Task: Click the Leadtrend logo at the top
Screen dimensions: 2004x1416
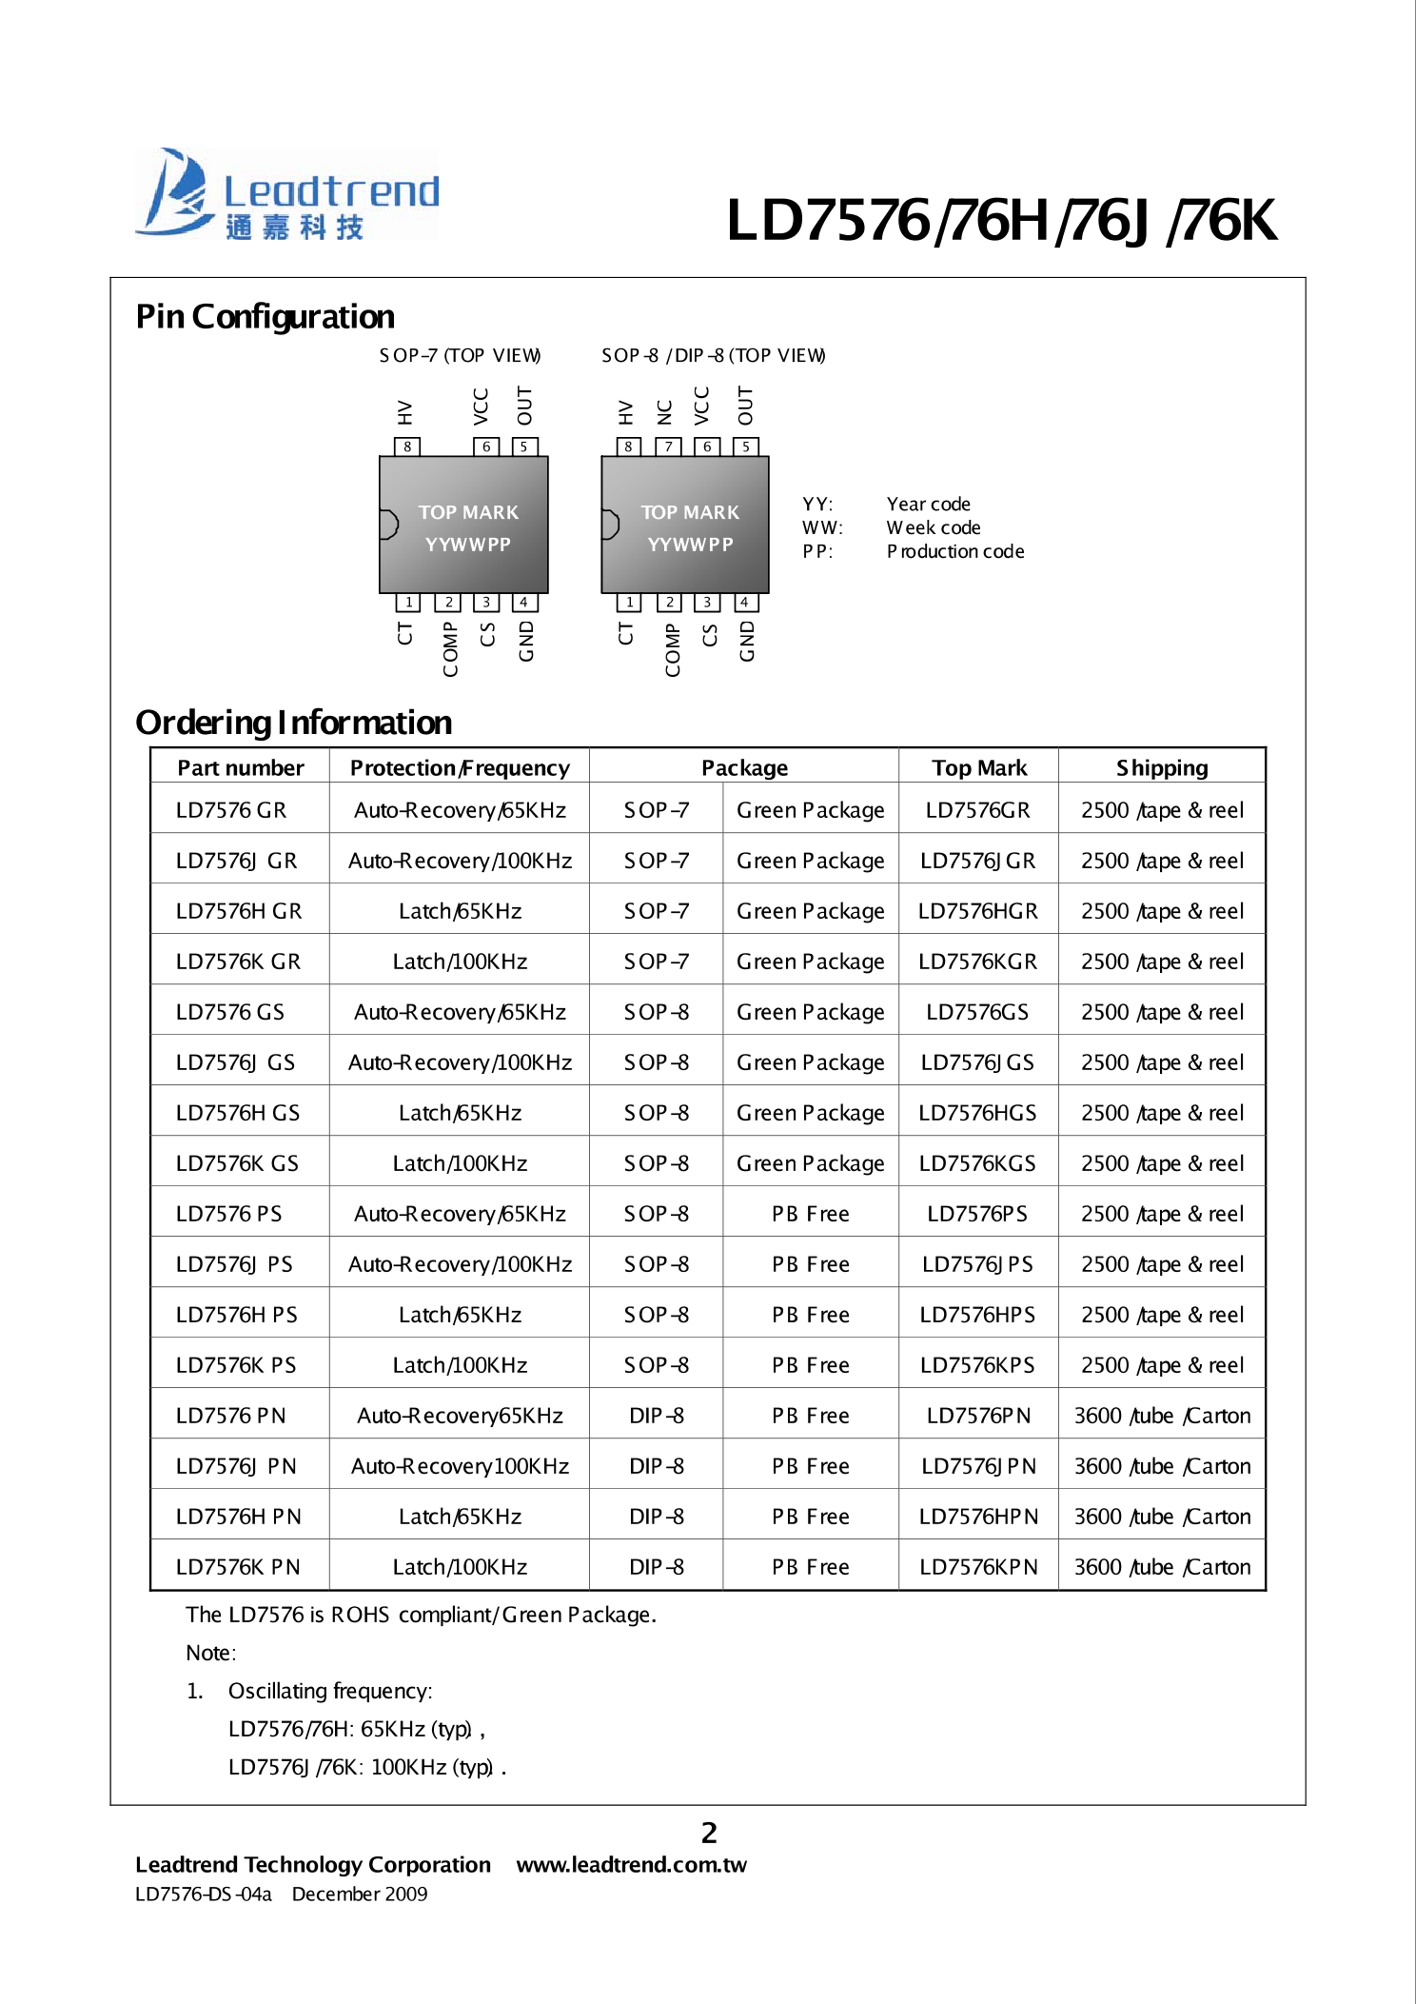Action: [x=287, y=195]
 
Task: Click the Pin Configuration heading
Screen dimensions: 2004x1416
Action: [x=265, y=316]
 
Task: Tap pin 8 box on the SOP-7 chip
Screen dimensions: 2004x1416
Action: [x=407, y=446]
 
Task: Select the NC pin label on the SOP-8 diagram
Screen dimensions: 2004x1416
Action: [x=665, y=412]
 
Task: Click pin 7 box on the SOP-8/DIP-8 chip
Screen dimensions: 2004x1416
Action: [x=668, y=446]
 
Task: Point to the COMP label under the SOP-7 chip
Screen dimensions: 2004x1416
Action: [x=450, y=649]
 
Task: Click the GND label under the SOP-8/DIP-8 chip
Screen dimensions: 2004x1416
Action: [x=747, y=641]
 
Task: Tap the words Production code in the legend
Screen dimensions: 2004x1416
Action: [x=955, y=551]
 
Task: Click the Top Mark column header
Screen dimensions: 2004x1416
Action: [x=978, y=767]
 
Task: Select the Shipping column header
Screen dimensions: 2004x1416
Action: [x=1161, y=767]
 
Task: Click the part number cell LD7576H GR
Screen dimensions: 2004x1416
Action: [x=239, y=911]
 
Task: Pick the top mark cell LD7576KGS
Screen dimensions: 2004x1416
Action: [x=977, y=1163]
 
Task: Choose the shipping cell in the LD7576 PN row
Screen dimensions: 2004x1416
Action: [x=1162, y=1416]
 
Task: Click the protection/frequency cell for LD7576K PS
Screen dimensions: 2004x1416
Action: [x=460, y=1365]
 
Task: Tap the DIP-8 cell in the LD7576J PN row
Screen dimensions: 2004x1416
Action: [x=656, y=1466]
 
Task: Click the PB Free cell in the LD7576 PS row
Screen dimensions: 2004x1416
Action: [x=810, y=1214]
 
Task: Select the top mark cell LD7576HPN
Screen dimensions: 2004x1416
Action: [x=978, y=1517]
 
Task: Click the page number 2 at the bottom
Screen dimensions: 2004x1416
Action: [x=709, y=1833]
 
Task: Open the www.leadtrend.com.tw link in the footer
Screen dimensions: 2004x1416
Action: [x=631, y=1864]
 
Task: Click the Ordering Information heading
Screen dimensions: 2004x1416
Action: [x=293, y=723]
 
